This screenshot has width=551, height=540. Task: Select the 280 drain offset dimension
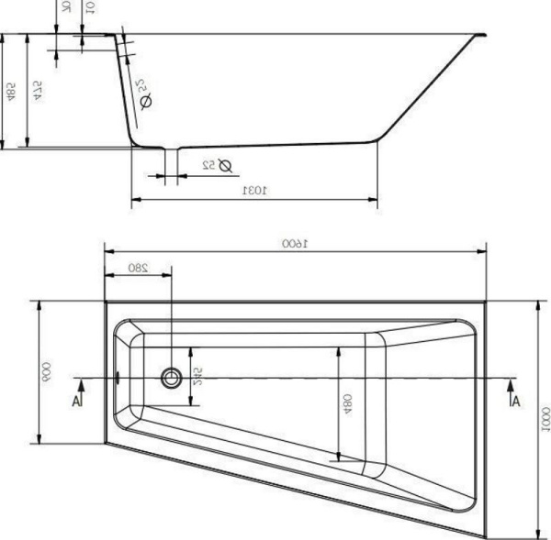point(138,268)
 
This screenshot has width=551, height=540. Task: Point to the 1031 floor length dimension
point(253,191)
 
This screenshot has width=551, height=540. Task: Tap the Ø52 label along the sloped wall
point(144,94)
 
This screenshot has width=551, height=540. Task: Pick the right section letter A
point(515,399)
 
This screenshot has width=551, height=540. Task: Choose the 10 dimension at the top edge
point(88,7)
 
